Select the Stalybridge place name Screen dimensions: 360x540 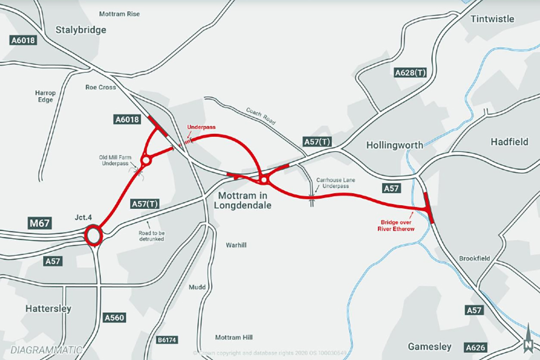81,30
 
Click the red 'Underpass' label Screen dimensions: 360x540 201,127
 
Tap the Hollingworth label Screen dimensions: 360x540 395,145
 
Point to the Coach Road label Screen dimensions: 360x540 261,116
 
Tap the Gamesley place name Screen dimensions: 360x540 429,346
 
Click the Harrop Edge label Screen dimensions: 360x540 45,96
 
